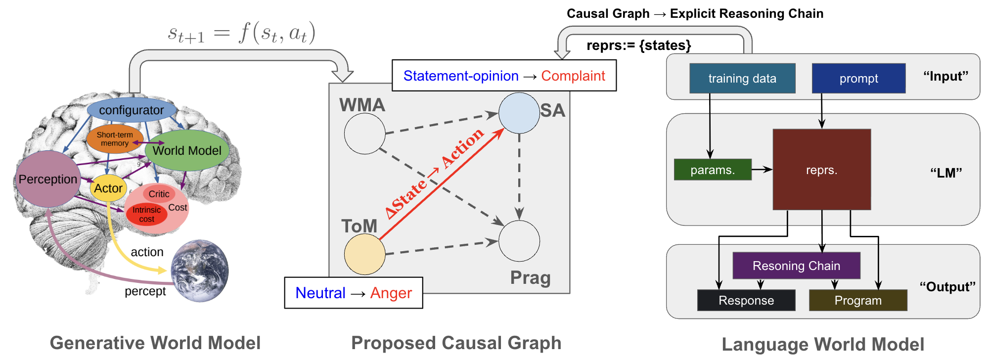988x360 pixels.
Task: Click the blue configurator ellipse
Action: pos(132,110)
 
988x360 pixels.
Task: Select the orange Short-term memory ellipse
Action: pos(114,139)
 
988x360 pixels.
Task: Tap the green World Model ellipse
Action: pos(187,150)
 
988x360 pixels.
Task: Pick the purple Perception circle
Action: pos(47,179)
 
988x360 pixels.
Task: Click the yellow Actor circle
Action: pos(108,188)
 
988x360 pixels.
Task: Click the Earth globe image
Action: pos(200,270)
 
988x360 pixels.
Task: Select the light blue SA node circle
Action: pos(519,113)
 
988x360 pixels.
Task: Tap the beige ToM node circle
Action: pos(364,254)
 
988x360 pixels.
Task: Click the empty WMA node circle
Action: pos(364,134)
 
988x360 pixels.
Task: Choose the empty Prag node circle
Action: pos(519,241)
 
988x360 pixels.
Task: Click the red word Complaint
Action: pos(573,76)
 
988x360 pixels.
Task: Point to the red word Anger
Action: pos(391,293)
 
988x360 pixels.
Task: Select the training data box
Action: pos(742,78)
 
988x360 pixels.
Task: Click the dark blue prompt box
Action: pos(858,78)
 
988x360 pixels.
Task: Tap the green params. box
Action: pos(713,170)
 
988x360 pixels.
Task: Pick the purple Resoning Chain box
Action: pos(796,266)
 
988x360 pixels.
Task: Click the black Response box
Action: pos(746,300)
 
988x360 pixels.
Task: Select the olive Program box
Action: pos(858,300)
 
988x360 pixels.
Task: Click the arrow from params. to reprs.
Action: pos(762,170)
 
